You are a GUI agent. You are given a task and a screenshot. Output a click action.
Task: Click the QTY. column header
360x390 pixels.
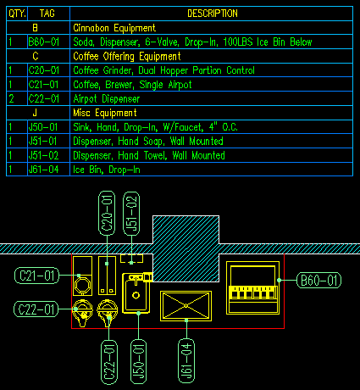tap(17, 14)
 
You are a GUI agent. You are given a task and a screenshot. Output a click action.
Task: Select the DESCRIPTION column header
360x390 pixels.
tap(213, 14)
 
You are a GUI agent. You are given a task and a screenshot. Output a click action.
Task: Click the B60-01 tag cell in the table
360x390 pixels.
tap(44, 42)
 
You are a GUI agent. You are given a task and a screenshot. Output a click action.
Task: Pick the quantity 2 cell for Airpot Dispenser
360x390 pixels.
tap(11, 98)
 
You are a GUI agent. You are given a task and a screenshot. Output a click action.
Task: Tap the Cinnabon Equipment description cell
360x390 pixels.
tap(114, 28)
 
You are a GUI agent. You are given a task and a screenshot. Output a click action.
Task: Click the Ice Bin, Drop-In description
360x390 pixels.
tap(107, 170)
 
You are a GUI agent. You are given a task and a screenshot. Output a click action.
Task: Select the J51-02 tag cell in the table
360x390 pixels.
tap(43, 155)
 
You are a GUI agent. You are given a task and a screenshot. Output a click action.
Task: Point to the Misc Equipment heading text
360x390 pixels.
tap(105, 113)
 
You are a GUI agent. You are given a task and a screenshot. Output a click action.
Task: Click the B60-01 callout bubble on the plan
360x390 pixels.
tap(318, 281)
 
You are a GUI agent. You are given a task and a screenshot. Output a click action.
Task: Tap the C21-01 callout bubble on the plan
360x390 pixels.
tap(36, 276)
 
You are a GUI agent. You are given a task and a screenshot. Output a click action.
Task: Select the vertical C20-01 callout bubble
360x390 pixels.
tap(107, 213)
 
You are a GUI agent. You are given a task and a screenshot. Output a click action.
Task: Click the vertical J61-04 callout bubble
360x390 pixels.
tap(186, 361)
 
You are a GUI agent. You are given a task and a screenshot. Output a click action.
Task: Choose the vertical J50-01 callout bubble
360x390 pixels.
tap(138, 362)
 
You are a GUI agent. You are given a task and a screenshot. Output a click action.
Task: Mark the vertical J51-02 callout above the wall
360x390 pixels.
tap(131, 214)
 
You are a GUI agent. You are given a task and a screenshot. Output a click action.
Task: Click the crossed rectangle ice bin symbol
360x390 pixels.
tap(186, 306)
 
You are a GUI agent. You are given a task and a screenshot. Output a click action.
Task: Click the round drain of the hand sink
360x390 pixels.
tap(136, 296)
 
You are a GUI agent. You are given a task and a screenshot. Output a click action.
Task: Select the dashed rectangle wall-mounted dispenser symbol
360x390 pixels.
tap(131, 259)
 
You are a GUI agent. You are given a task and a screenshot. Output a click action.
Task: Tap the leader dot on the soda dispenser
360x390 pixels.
tap(279, 281)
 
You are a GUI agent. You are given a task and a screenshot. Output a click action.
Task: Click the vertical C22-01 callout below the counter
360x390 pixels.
tap(109, 362)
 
